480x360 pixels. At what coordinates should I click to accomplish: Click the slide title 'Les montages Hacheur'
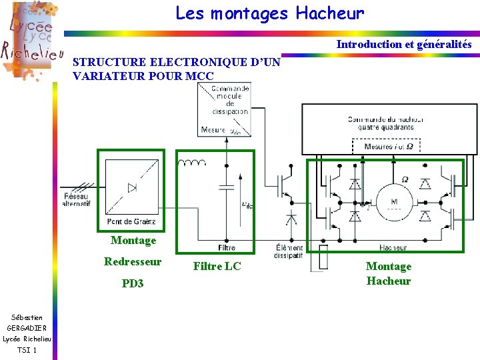270,13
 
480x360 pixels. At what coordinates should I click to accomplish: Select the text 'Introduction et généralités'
403,45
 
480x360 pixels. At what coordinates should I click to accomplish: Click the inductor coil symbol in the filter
195,163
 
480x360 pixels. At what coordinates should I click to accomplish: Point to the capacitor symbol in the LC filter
227,187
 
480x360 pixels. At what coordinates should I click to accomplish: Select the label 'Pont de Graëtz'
131,221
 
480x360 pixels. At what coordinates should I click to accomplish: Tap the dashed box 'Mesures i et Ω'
389,146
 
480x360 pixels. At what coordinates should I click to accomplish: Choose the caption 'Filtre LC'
217,266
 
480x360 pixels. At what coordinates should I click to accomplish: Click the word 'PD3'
133,283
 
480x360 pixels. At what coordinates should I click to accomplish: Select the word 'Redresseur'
133,261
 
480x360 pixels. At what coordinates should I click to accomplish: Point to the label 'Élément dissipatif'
288,251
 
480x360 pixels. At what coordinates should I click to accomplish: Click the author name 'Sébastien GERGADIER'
27,323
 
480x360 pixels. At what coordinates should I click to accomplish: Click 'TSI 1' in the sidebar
27,350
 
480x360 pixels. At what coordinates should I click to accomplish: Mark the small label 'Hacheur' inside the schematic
393,247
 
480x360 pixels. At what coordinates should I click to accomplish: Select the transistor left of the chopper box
288,186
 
